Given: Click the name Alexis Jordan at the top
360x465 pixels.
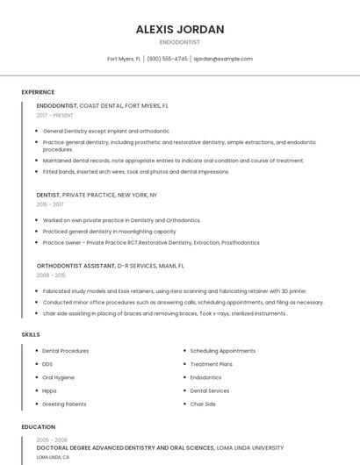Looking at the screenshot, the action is click(x=180, y=29).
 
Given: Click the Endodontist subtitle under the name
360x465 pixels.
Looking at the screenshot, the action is click(x=180, y=42).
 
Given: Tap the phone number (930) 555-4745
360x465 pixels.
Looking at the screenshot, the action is click(x=167, y=59).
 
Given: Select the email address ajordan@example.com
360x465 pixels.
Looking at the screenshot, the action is click(x=223, y=59).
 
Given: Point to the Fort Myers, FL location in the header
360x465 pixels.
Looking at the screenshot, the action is click(x=124, y=59).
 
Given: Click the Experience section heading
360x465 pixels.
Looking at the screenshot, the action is click(x=38, y=92).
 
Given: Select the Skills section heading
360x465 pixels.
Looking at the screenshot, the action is click(x=30, y=334).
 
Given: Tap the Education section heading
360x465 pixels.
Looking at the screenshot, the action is click(x=38, y=427).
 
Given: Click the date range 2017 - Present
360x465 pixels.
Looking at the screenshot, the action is click(x=55, y=115).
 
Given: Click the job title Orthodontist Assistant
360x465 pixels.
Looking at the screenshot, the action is click(x=75, y=265).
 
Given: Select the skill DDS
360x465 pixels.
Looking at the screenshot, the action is click(x=47, y=364).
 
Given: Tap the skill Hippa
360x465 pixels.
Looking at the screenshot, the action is click(x=49, y=390).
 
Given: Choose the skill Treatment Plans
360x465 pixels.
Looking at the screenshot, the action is click(x=211, y=364).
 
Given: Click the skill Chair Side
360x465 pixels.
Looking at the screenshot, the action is click(x=203, y=404).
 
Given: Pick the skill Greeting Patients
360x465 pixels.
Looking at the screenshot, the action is click(x=64, y=404).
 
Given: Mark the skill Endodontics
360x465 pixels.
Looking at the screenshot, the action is click(x=205, y=377).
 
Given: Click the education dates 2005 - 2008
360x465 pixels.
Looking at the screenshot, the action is click(x=52, y=440).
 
